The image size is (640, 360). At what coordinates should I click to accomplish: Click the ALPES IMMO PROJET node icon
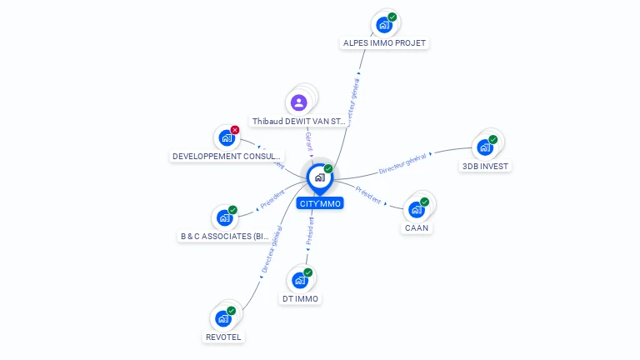384,25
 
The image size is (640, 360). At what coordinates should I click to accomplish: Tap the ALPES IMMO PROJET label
385,42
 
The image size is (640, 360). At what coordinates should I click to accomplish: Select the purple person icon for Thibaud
299,102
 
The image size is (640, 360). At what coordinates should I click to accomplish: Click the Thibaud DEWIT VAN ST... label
299,122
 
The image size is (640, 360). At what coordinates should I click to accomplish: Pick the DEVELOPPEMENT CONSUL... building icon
226,138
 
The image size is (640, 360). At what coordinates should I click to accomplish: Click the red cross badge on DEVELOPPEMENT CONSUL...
235,130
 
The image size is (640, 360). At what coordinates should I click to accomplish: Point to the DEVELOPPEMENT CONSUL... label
227,156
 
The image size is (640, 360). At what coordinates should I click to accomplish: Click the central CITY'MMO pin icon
318,177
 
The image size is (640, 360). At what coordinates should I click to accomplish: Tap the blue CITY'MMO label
320,203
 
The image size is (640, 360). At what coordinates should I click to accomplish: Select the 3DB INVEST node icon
484,148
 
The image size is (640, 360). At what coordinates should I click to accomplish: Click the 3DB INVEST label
485,166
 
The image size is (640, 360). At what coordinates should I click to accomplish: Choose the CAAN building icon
416,210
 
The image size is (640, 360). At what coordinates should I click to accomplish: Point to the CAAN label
417,227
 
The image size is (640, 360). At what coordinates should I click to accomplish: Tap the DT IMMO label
300,298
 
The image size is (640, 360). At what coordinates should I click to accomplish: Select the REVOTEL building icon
222,319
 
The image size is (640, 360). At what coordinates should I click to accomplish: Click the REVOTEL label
223,337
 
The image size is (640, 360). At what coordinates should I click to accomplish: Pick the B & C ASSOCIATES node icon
224,218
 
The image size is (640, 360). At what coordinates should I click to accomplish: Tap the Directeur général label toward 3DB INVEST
402,163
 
